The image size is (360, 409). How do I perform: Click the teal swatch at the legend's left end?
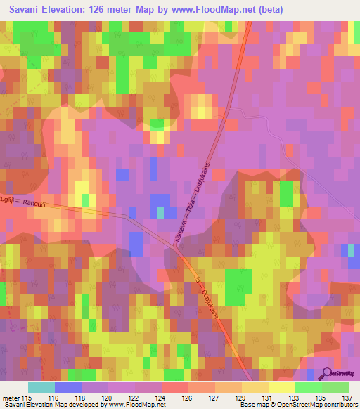[41, 387]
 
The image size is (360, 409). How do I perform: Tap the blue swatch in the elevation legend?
[67, 387]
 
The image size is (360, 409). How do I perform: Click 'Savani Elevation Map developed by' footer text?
[53, 405]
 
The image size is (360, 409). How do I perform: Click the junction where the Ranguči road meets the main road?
[174, 244]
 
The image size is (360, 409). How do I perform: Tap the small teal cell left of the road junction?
[160, 212]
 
